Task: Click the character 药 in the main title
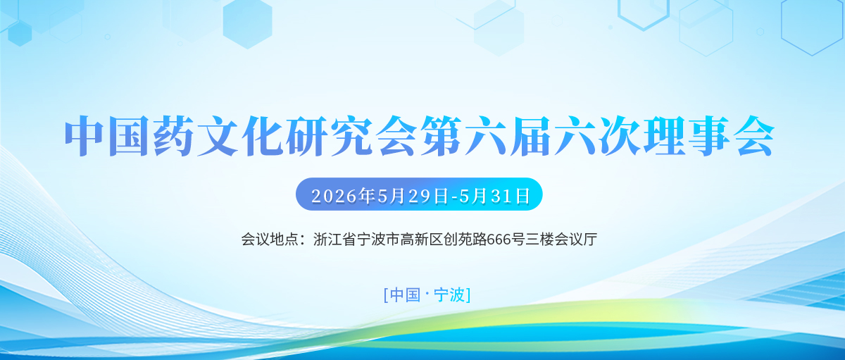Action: tap(172, 136)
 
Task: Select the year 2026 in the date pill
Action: tap(334, 197)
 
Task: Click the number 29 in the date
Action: tap(420, 197)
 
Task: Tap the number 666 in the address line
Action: tap(499, 240)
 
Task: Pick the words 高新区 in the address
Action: tap(422, 240)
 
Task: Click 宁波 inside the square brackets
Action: tap(449, 294)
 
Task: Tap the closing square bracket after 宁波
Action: tap(468, 295)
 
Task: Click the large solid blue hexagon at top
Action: tap(247, 23)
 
